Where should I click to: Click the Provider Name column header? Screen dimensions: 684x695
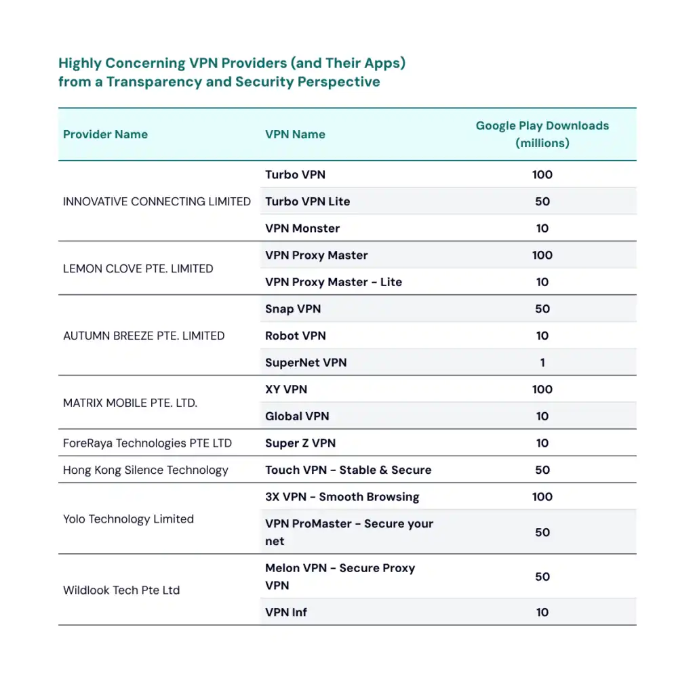click(105, 134)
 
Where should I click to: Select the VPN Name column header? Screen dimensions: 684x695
click(295, 134)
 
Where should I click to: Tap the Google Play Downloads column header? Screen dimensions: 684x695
click(542, 134)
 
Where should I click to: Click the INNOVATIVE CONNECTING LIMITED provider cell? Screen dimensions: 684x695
click(157, 201)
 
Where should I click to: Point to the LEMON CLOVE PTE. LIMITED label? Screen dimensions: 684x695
click(138, 268)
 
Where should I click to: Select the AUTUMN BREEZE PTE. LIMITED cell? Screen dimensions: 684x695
click(144, 336)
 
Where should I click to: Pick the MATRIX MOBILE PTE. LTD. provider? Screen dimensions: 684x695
click(130, 403)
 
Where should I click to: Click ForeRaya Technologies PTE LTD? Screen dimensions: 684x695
click(147, 443)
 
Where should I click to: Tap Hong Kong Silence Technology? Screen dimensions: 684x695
click(146, 470)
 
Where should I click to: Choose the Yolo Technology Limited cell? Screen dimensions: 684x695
click(128, 519)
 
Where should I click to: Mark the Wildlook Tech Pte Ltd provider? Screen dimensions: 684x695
click(121, 590)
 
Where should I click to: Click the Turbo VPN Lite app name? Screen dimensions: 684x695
click(307, 201)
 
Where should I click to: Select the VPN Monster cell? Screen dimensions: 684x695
click(302, 228)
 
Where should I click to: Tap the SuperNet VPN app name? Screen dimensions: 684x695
click(306, 363)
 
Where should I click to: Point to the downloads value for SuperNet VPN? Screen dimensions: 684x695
click(542, 363)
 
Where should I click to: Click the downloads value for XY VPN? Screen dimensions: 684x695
click(542, 389)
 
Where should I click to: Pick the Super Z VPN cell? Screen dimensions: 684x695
click(300, 443)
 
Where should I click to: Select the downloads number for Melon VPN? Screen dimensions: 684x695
click(542, 577)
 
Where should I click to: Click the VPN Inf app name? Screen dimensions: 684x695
click(286, 612)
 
